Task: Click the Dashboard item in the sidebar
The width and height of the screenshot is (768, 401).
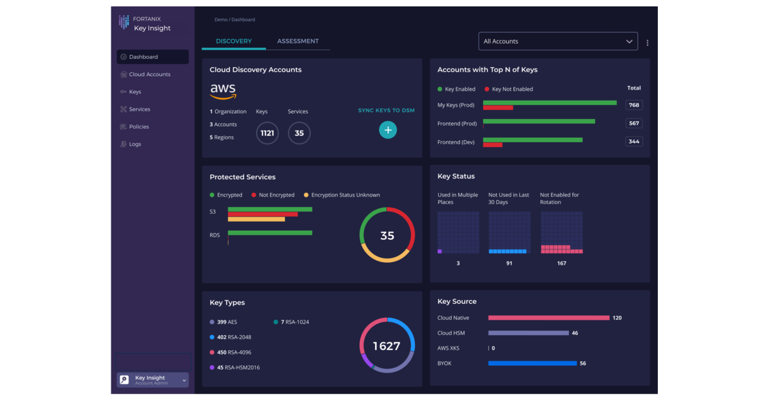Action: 152,57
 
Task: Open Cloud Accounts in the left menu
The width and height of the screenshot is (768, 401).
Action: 149,74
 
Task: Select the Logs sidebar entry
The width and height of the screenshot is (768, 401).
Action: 134,144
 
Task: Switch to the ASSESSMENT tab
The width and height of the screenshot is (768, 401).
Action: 298,41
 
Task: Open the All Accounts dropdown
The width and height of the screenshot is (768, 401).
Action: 557,41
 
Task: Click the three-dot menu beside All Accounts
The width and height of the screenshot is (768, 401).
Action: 647,43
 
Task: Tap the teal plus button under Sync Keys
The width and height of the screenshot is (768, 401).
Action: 387,130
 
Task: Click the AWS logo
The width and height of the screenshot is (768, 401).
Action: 223,91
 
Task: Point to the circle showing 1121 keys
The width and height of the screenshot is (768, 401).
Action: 267,133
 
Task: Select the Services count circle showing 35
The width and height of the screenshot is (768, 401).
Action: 299,133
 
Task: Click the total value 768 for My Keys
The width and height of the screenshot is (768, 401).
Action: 634,105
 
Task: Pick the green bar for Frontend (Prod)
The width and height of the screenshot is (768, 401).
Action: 539,121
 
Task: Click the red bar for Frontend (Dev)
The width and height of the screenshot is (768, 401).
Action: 492,145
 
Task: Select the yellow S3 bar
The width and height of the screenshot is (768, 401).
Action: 256,219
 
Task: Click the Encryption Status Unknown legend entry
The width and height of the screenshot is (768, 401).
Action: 342,195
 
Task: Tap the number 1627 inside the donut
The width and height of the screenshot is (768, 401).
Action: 387,346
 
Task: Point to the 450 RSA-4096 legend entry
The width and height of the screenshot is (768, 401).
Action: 234,352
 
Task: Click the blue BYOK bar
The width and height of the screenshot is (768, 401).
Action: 532,363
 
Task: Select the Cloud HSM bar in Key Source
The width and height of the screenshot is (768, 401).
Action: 528,333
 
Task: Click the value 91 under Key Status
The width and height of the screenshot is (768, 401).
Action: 509,263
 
